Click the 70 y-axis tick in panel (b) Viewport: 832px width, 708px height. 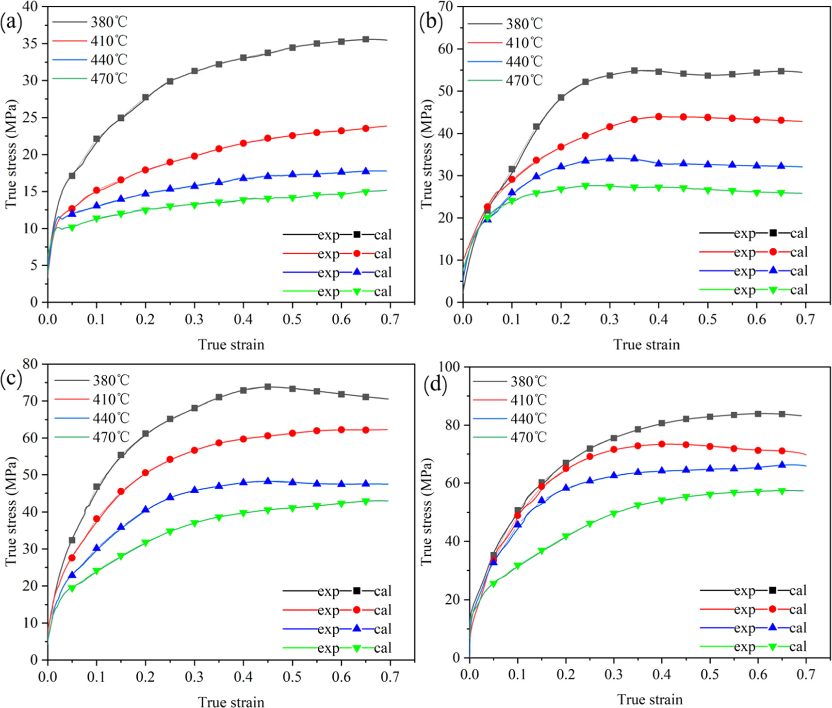445,7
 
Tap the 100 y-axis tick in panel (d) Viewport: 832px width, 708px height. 448,366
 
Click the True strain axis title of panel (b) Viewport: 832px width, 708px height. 646,345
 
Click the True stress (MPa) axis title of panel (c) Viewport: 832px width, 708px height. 11,511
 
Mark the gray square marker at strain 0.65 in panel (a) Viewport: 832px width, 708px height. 366,39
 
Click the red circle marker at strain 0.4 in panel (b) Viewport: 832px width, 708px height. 658,116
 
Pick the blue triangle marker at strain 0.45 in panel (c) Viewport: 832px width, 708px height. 268,481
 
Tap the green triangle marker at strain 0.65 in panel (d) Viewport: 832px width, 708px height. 782,491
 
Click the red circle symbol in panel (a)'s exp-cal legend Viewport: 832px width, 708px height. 357,254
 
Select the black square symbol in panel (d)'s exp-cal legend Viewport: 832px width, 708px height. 772,590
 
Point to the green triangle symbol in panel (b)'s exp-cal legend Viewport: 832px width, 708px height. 773,290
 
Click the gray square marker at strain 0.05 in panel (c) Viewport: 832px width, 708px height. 72,540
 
